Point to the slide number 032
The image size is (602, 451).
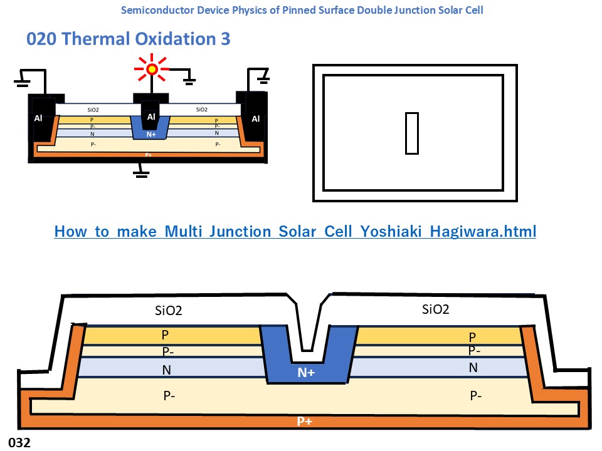(x=19, y=442)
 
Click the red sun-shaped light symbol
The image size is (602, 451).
(x=152, y=70)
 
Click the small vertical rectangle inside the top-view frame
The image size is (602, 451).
(x=411, y=133)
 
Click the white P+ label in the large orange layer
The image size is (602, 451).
(x=305, y=421)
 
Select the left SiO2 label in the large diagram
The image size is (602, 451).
(x=168, y=310)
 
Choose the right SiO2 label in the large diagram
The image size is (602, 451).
(x=435, y=309)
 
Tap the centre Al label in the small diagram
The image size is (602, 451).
(x=151, y=117)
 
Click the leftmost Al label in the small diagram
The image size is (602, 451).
(x=38, y=118)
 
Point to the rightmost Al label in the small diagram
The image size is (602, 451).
(x=255, y=119)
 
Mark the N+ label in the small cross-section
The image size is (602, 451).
(x=151, y=134)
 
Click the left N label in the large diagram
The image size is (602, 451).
(x=166, y=370)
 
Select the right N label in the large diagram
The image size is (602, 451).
(x=473, y=368)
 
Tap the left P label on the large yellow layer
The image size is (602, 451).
(x=165, y=335)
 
